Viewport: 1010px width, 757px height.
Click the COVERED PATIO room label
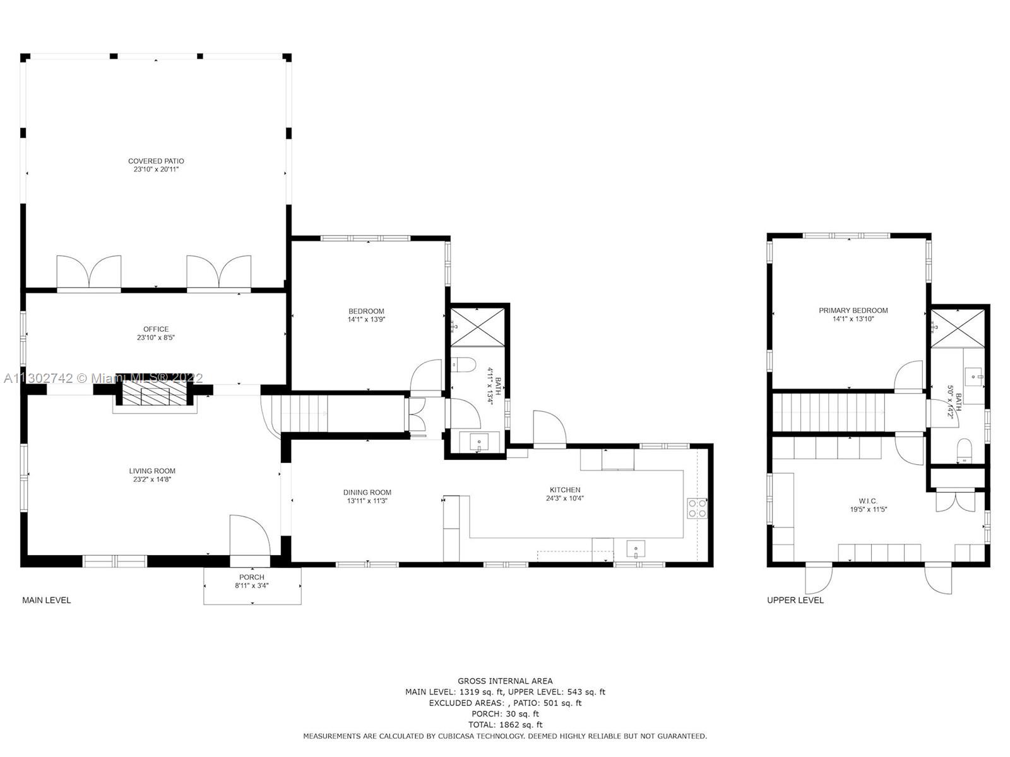156,161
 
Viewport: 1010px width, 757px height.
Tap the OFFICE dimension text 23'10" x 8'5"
156,337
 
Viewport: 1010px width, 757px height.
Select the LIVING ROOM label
152,471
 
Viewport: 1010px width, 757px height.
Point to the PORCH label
252,577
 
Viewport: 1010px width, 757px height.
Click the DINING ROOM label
367,492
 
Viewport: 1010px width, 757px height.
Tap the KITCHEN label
565,490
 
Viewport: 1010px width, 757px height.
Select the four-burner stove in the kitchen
697,508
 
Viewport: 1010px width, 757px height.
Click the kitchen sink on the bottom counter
636,549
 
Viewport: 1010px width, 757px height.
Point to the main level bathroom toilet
463,365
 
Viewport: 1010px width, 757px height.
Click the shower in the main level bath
478,327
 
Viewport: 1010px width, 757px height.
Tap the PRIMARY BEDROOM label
853,310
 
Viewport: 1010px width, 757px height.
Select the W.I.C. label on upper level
868,501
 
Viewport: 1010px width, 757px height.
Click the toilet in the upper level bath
964,450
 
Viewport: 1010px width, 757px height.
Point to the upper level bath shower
958,328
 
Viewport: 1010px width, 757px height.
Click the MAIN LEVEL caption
47,600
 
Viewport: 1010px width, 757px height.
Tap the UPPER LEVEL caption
795,600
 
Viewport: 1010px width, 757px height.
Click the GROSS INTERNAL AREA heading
505,681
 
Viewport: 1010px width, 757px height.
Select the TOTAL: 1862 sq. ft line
505,725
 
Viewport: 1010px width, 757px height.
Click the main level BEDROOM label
366,311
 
